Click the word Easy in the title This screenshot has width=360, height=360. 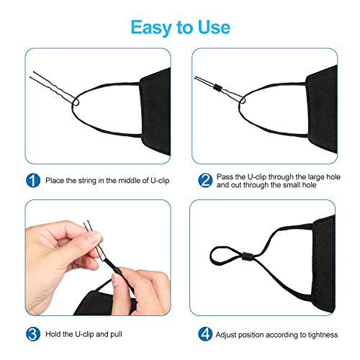click(148, 27)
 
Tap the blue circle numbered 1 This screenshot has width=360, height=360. click(33, 179)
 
